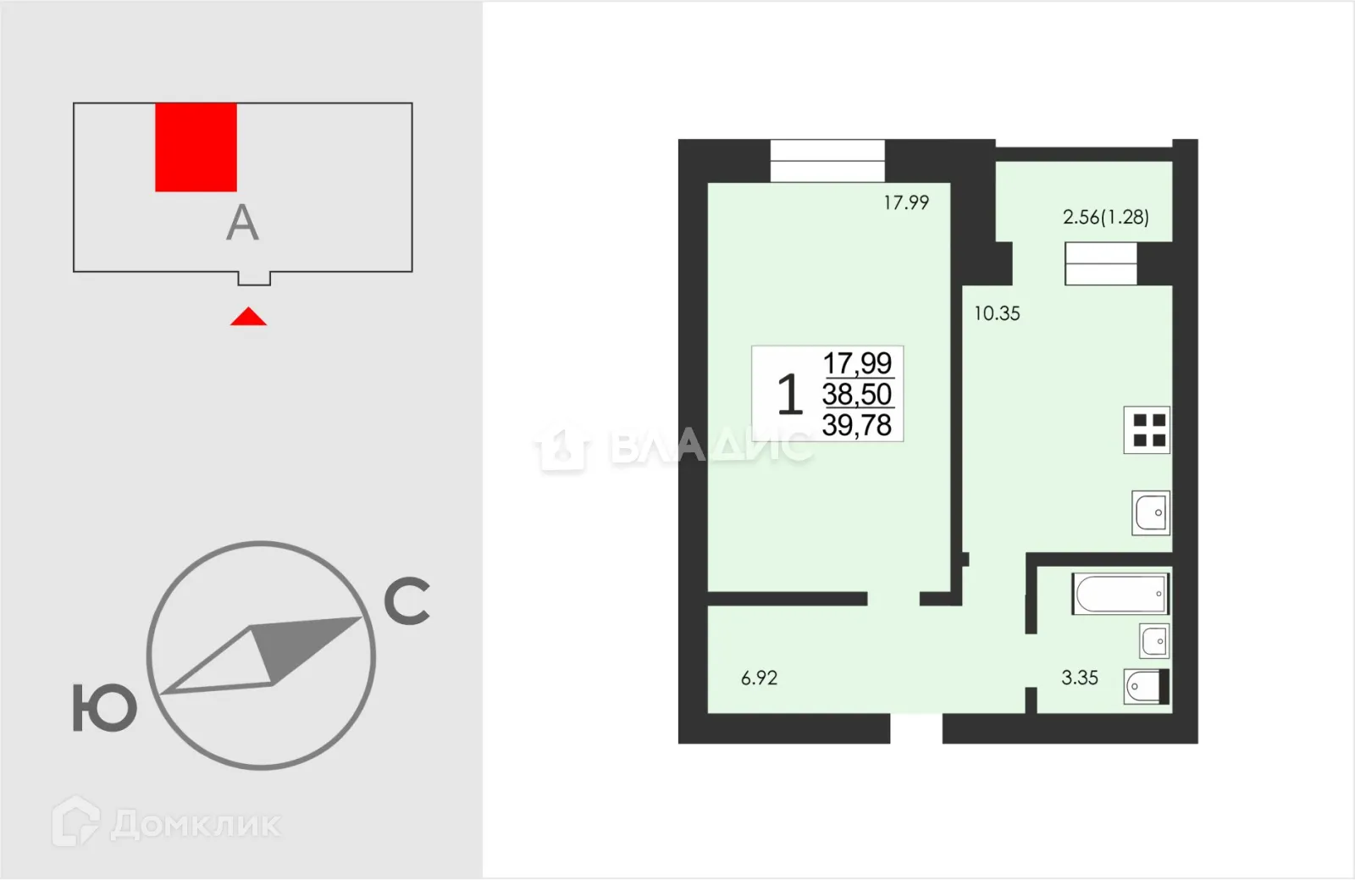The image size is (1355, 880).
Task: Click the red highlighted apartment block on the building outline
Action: point(196,147)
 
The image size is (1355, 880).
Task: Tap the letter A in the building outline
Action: point(242,223)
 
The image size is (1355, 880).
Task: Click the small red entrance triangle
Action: point(249,316)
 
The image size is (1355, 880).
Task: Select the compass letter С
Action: point(407,601)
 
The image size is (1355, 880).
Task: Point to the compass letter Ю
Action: point(105,708)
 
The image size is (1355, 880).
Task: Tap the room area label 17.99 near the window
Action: point(906,202)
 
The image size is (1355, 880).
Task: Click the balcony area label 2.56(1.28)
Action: point(1106,217)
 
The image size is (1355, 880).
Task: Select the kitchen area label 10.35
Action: point(997,314)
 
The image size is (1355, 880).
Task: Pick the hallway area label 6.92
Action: point(759,678)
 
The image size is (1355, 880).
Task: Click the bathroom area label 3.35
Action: point(1080,678)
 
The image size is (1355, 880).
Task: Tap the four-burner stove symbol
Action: point(1147,430)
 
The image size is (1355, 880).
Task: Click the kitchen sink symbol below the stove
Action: point(1151,513)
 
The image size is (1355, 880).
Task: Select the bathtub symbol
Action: point(1120,594)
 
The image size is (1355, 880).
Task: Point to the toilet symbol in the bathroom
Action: point(1147,686)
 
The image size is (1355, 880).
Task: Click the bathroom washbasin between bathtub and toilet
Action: point(1154,641)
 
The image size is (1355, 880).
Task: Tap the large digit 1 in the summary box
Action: point(789,394)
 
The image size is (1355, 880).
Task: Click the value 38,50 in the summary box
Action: point(857,395)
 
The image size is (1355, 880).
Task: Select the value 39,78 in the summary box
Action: point(857,425)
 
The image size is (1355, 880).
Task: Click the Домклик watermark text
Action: point(196,824)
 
